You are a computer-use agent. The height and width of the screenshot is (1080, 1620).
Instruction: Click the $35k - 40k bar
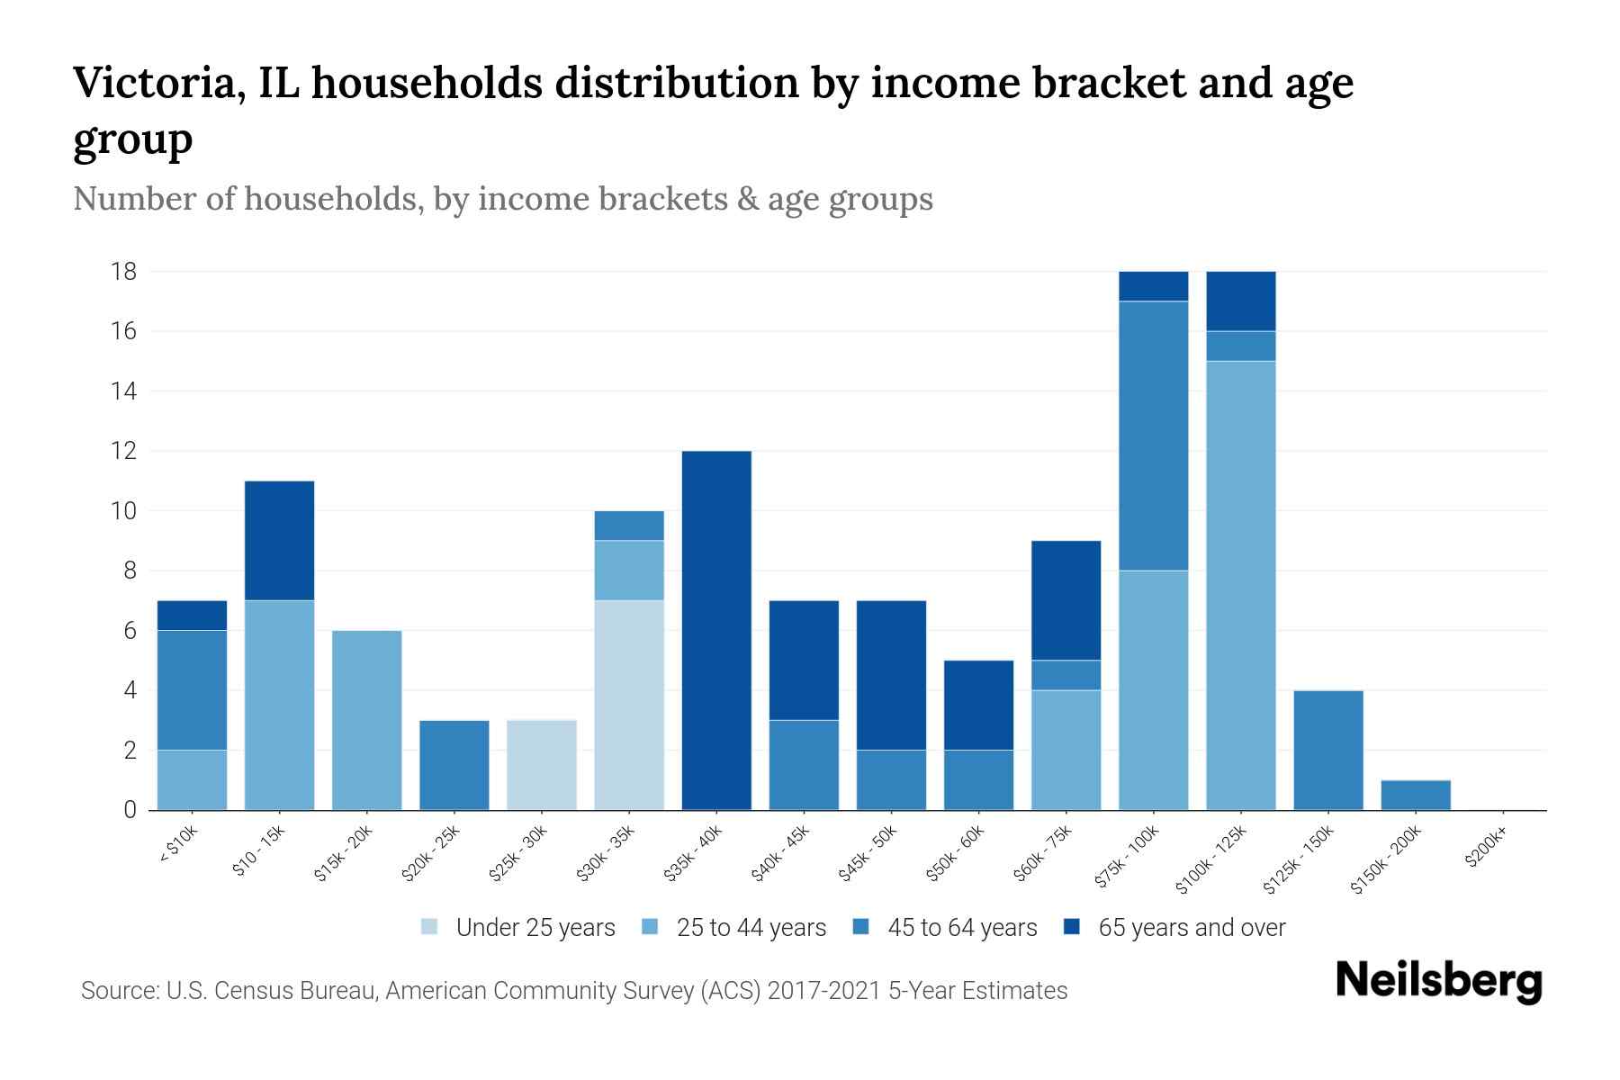[x=716, y=630]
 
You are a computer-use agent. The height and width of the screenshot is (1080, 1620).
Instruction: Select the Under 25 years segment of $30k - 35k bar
[x=629, y=705]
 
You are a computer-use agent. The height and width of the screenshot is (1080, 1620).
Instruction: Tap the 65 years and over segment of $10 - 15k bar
[x=280, y=540]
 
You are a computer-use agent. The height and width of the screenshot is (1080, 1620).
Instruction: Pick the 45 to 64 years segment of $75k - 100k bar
[x=1154, y=436]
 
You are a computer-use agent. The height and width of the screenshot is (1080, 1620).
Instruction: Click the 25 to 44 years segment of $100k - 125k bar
[x=1241, y=585]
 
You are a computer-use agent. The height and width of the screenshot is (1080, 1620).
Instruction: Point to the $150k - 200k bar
[x=1416, y=795]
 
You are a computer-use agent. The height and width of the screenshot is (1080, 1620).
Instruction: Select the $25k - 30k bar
[x=542, y=765]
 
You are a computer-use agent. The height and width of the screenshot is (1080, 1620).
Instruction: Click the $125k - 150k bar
[x=1328, y=750]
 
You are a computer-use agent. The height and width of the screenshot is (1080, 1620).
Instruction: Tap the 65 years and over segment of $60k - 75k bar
[x=1066, y=600]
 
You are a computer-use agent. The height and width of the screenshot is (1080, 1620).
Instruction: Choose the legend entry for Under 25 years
[x=518, y=927]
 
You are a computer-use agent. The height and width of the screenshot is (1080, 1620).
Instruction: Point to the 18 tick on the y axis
[x=124, y=271]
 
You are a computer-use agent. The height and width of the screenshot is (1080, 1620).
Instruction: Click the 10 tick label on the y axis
[x=124, y=511]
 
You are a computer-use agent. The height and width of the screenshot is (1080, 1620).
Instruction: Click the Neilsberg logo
[x=1438, y=981]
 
